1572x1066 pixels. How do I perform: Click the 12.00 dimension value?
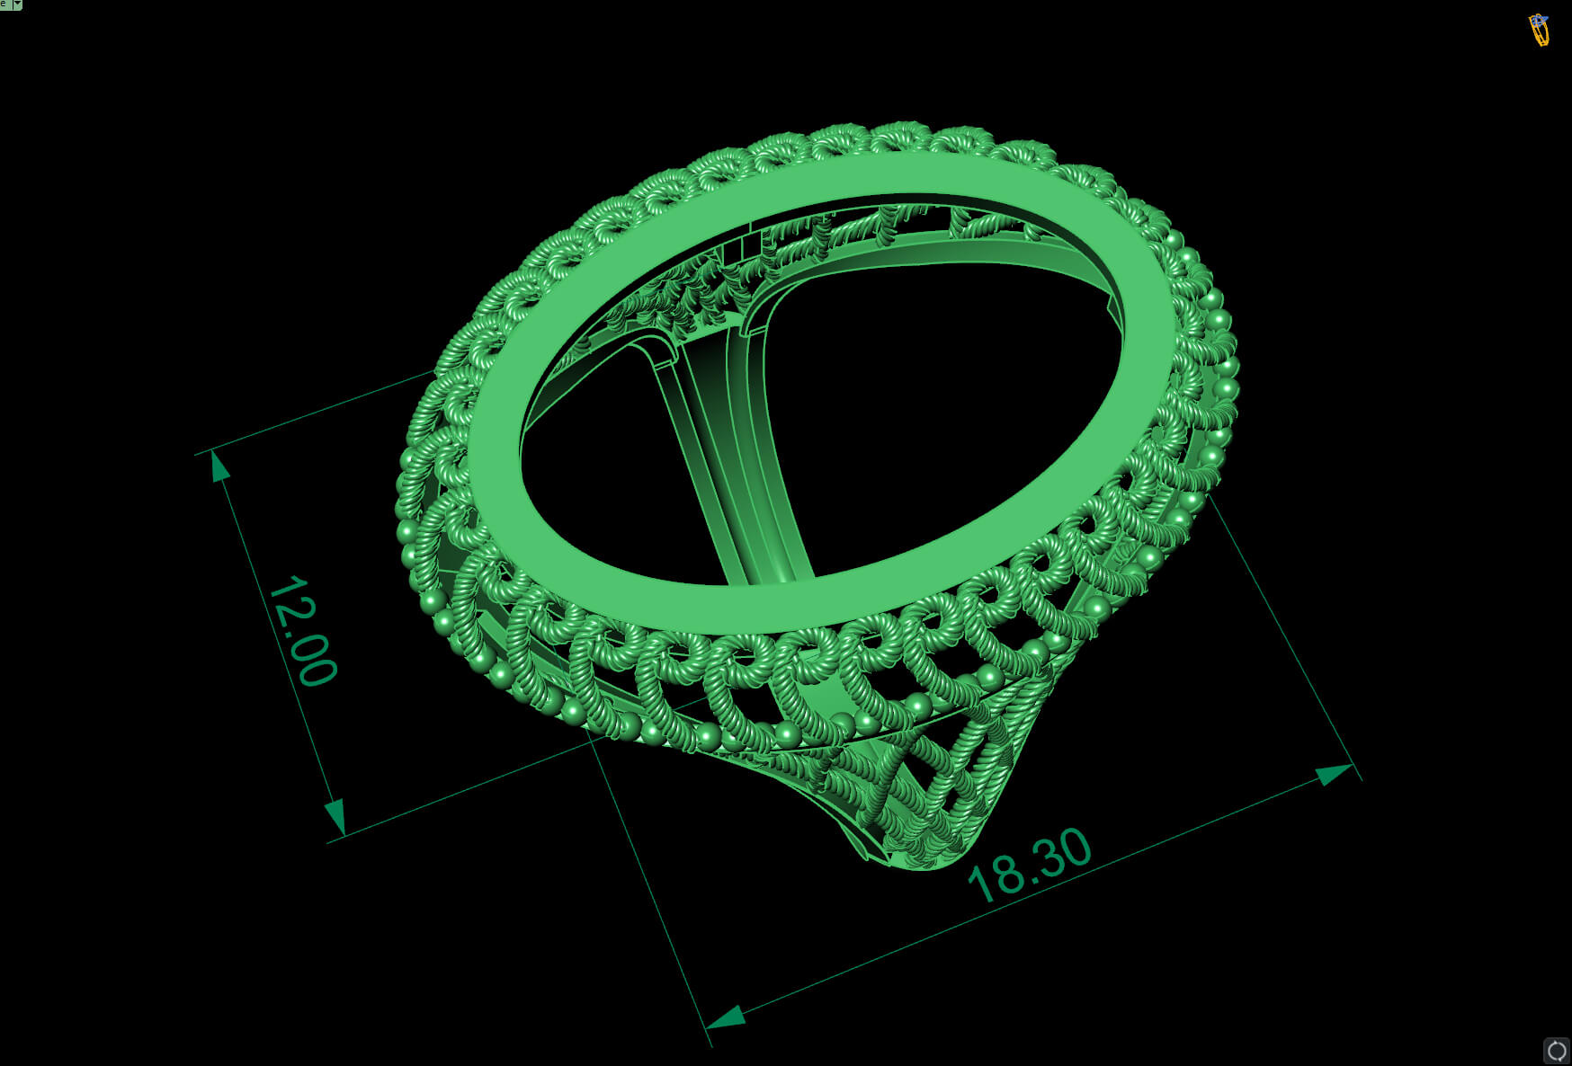click(x=302, y=631)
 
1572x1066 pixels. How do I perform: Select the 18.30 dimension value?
click(x=1030, y=865)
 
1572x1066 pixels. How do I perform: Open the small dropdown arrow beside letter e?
click(x=17, y=4)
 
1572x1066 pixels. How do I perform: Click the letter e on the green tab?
click(x=4, y=4)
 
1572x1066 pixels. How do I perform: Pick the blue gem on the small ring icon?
click(x=1538, y=19)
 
